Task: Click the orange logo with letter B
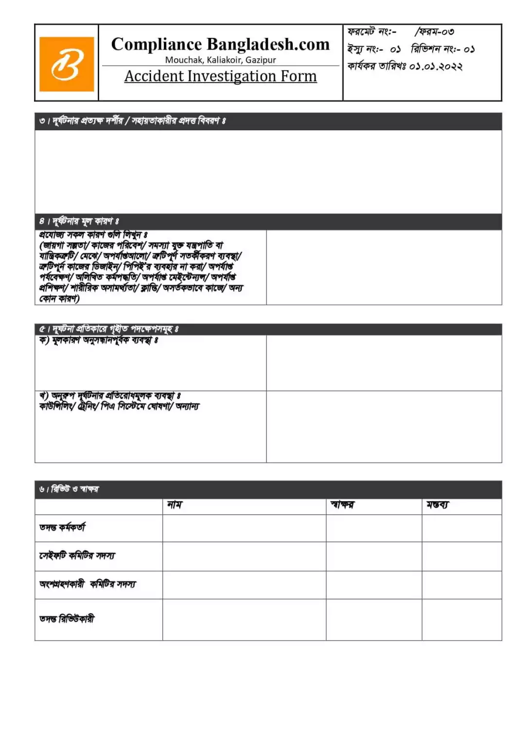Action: point(67,64)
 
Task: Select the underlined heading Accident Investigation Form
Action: point(220,76)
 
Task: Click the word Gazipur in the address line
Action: point(261,60)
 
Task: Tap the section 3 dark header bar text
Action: point(132,121)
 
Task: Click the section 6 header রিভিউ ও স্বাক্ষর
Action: point(69,489)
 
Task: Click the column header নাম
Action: point(175,505)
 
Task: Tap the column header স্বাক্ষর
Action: point(342,505)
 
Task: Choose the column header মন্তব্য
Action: point(438,505)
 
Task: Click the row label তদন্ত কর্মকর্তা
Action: point(62,527)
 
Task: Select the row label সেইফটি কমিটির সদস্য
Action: point(77,555)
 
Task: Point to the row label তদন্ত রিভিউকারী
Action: point(67,619)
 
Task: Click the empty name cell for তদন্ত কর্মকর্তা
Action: point(244,528)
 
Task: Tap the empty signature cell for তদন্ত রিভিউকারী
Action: point(374,620)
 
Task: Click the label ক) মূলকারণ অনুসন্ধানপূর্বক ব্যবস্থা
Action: point(99,340)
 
